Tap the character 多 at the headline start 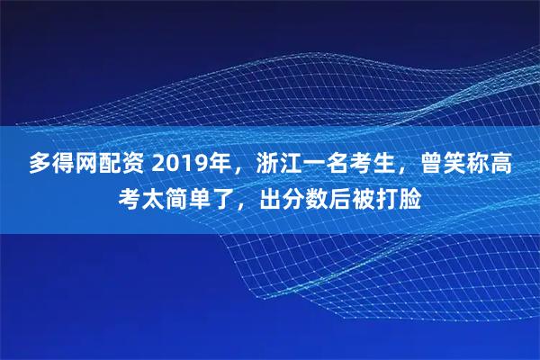(x=40, y=165)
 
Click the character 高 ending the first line (x=505, y=165)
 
